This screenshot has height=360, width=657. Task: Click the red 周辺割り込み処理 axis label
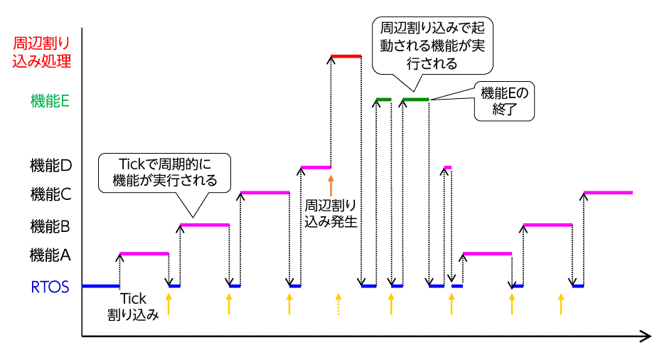point(42,51)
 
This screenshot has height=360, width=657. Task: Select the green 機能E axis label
point(50,101)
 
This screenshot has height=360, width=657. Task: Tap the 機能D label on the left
point(50,166)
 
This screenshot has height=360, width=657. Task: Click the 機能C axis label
point(50,193)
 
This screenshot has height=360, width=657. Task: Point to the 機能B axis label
point(50,227)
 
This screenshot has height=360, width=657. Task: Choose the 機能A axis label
point(50,254)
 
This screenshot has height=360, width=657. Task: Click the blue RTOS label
point(50,287)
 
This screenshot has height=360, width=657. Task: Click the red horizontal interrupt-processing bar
point(346,55)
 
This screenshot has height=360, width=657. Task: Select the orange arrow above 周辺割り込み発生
point(331,184)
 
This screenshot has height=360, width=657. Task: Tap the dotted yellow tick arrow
point(338,304)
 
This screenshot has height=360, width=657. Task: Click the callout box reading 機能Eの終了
point(504,101)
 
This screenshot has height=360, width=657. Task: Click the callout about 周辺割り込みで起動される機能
point(433,45)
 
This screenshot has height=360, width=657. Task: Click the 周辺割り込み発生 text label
point(331,213)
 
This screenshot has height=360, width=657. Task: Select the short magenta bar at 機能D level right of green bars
point(447,167)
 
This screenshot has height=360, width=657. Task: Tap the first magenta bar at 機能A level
point(144,253)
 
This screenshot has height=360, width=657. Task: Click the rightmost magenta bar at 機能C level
point(608,192)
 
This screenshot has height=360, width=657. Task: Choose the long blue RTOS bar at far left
point(100,286)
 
